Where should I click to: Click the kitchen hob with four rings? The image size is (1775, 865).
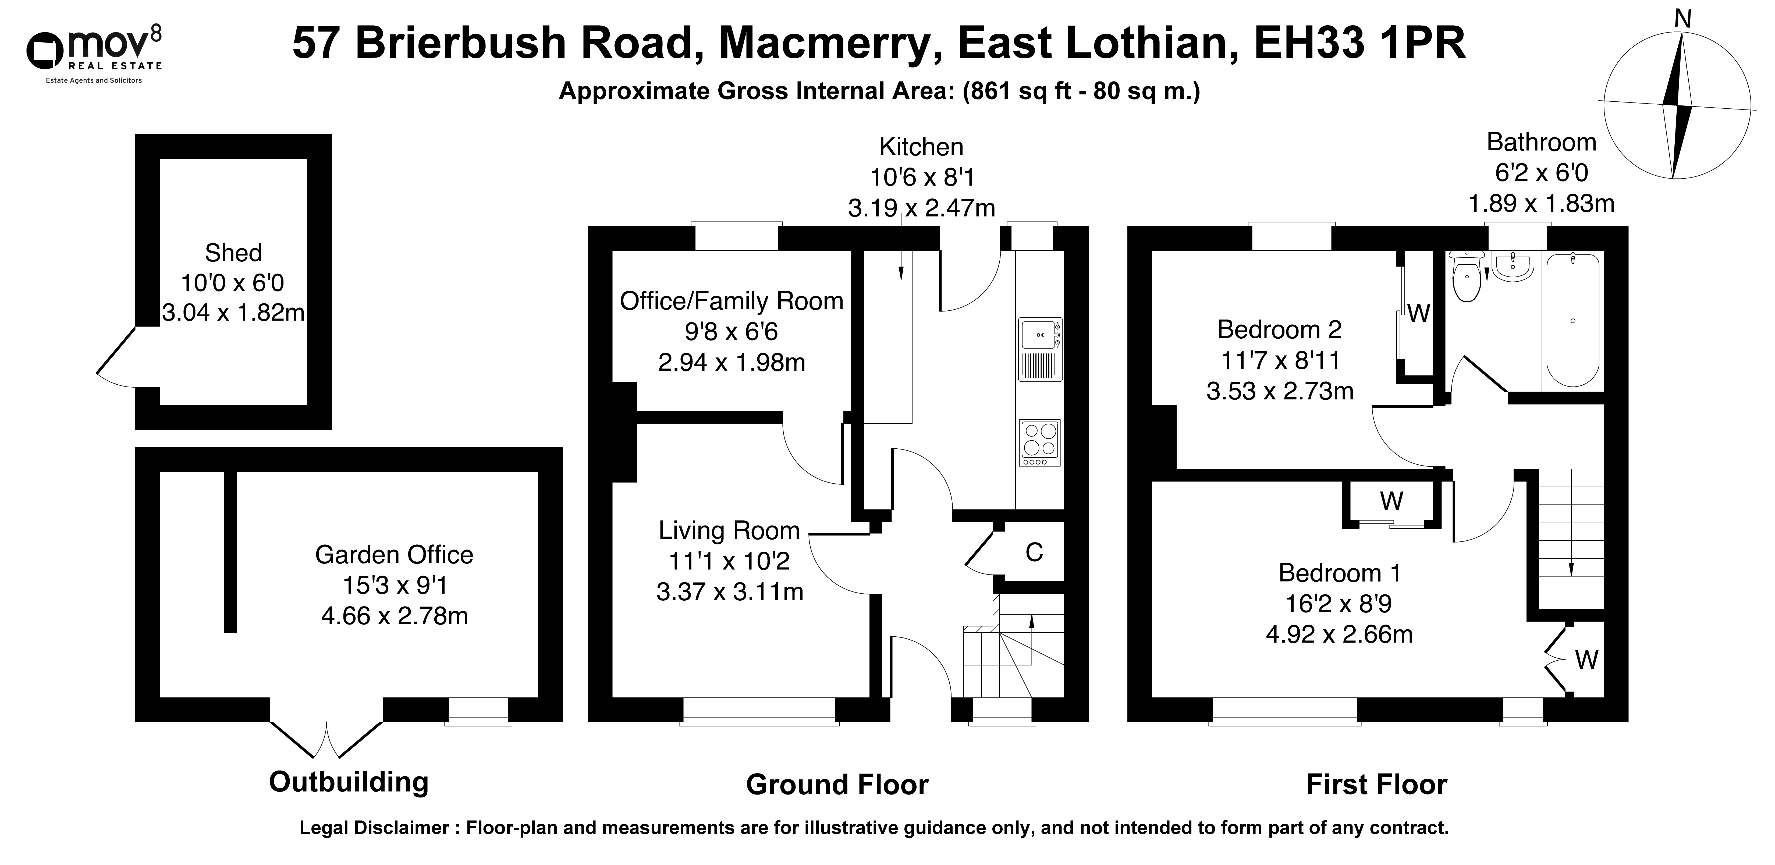tap(1040, 442)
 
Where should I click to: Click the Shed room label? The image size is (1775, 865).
tap(234, 253)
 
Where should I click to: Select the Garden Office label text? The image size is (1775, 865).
tap(394, 555)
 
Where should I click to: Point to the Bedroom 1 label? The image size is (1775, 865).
tap(1339, 573)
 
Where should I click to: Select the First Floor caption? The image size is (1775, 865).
tap(1377, 784)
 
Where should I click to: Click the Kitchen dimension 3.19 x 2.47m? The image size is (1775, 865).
tap(921, 207)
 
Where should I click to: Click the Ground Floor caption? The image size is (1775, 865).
tap(837, 784)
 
